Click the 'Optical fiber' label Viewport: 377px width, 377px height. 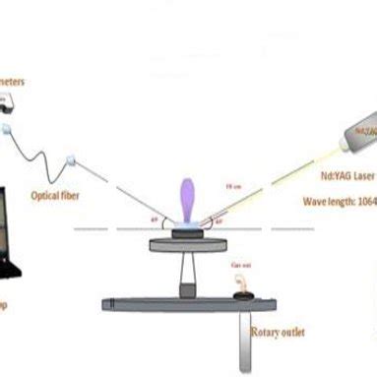pos(57,195)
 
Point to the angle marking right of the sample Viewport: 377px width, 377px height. pos(218,220)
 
